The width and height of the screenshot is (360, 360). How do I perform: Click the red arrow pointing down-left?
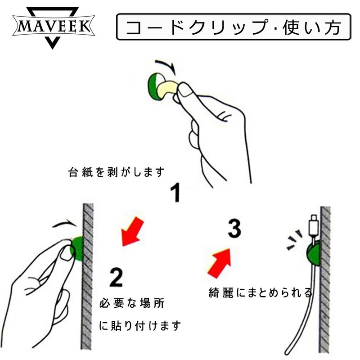tap(132, 232)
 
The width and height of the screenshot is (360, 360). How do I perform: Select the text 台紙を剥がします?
tap(117, 172)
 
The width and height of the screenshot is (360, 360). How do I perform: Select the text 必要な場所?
tap(131, 303)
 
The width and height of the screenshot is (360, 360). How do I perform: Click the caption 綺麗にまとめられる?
tap(260, 293)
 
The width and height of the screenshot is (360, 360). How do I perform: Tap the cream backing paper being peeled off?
tap(167, 88)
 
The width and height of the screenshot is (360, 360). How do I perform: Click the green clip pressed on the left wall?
tap(77, 248)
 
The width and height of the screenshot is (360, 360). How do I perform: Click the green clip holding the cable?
tap(311, 253)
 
